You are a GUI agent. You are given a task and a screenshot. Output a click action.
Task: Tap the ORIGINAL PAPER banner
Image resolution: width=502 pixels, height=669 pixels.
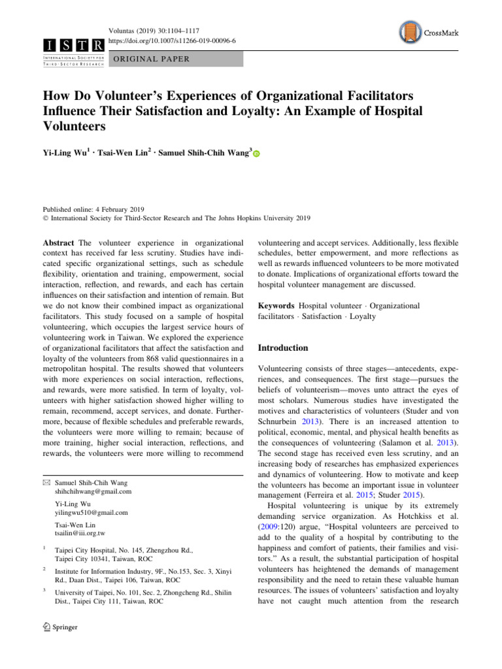point(152,59)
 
